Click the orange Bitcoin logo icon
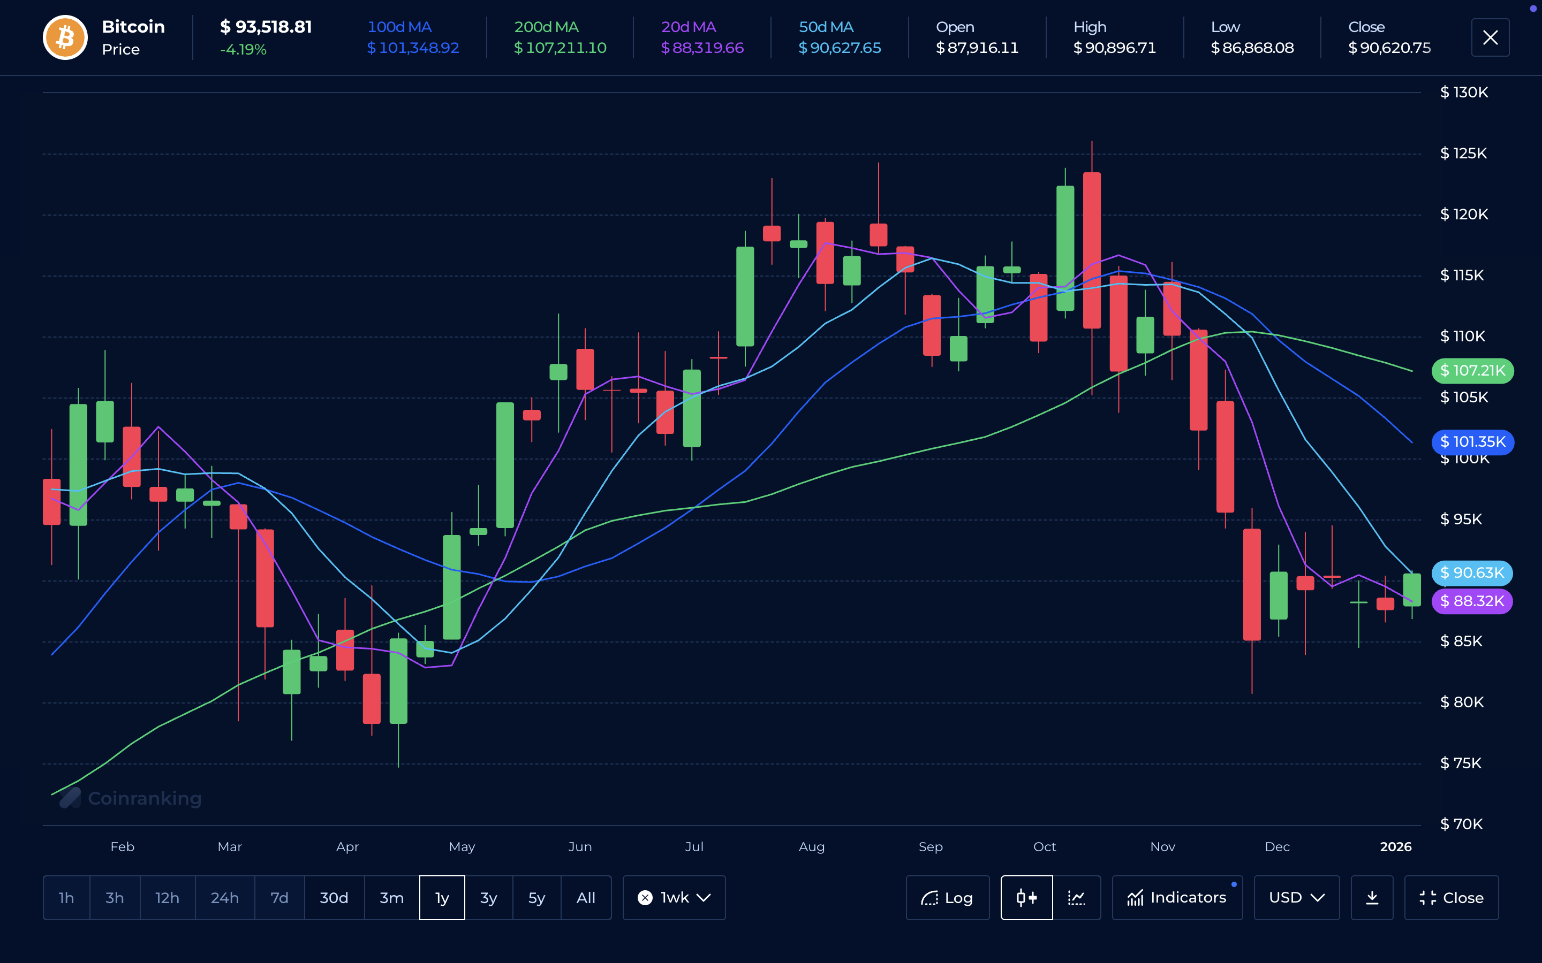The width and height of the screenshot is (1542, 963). click(65, 37)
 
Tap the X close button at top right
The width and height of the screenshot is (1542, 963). click(1490, 37)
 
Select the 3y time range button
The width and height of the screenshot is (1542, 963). click(488, 897)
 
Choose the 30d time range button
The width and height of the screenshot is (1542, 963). click(334, 897)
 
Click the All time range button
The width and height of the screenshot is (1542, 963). click(586, 897)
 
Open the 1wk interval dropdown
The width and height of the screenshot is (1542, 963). click(674, 897)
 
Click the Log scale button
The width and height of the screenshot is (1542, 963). click(948, 897)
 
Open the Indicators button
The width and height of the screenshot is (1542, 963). click(1177, 897)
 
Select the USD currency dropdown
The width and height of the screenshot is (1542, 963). click(1297, 897)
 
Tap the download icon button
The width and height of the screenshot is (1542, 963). click(1372, 897)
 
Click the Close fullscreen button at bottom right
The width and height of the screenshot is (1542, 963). click(1452, 897)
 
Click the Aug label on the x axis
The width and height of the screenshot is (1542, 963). click(811, 846)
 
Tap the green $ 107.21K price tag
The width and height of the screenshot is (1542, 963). click(1472, 371)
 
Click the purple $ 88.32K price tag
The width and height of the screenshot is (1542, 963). click(1472, 601)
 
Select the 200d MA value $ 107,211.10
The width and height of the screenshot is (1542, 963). click(560, 48)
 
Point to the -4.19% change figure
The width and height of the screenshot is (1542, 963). click(244, 50)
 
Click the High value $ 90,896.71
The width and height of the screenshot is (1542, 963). click(1114, 48)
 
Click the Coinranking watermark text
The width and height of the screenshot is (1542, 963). click(144, 798)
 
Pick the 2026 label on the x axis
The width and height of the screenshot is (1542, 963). click(1395, 846)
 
